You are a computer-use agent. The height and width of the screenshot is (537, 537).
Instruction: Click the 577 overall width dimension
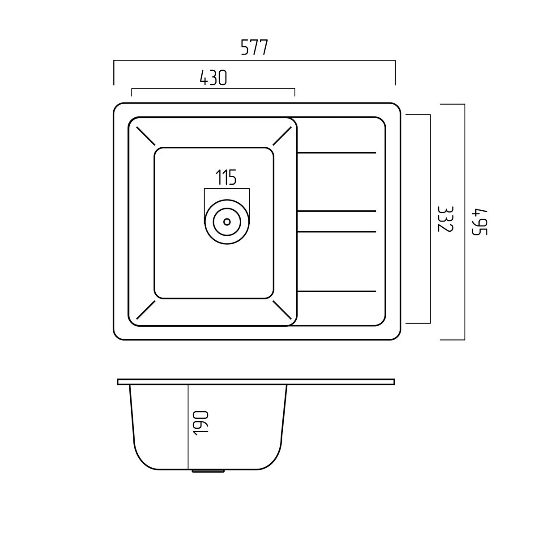pyautogui.click(x=254, y=47)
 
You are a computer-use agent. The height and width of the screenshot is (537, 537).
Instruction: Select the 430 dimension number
pyautogui.click(x=213, y=77)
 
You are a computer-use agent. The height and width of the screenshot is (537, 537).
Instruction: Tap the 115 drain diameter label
pyautogui.click(x=226, y=177)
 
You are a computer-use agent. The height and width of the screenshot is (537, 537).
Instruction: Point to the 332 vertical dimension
pyautogui.click(x=446, y=219)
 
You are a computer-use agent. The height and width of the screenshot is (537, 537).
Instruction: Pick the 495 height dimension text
pyautogui.click(x=479, y=222)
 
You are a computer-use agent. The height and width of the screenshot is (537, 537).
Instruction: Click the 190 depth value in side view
pyautogui.click(x=200, y=423)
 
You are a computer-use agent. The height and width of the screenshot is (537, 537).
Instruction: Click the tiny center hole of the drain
pyautogui.click(x=227, y=222)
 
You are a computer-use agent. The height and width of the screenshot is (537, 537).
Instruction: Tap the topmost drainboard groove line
pyautogui.click(x=337, y=153)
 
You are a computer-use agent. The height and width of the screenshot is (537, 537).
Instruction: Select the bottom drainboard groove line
pyautogui.click(x=337, y=291)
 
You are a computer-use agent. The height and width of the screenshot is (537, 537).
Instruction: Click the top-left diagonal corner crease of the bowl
pyautogui.click(x=145, y=136)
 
